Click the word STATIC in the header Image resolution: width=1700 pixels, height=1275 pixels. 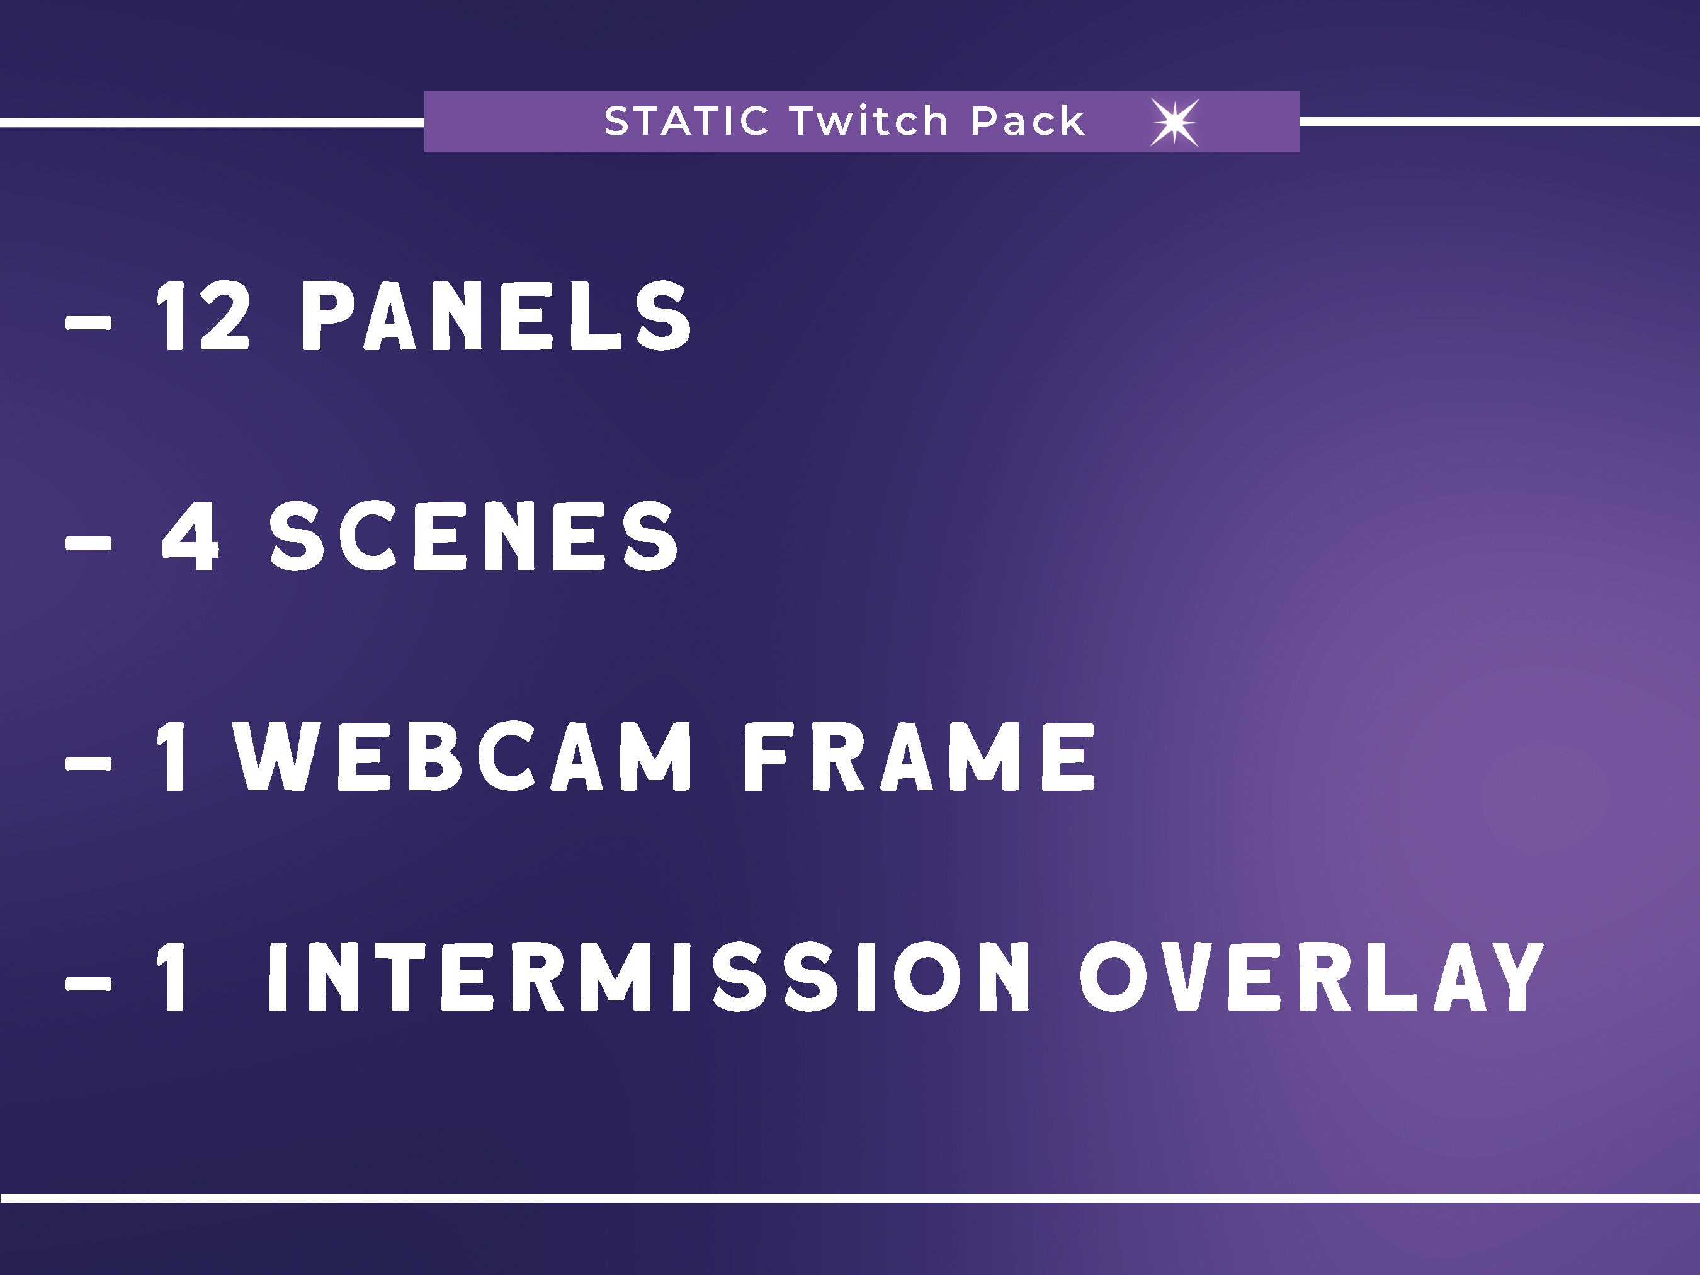point(686,122)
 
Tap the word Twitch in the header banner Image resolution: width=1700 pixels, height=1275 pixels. point(870,122)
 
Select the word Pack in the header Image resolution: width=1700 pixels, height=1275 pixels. point(1027,122)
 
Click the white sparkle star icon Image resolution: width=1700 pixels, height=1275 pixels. point(1174,122)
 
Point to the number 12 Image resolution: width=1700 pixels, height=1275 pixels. point(203,316)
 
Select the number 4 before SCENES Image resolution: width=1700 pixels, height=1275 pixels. point(191,536)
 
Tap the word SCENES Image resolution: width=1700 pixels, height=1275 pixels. point(473,536)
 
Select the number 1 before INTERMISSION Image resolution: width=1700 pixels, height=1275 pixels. point(173,978)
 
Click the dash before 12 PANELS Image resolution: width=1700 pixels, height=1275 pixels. point(88,324)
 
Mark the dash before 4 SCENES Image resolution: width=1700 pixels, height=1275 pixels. point(88,543)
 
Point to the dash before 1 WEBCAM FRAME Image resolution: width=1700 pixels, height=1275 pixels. point(88,764)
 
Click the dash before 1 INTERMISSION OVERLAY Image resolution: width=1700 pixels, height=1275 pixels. point(88,983)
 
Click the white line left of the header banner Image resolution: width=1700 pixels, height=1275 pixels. point(212,122)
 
